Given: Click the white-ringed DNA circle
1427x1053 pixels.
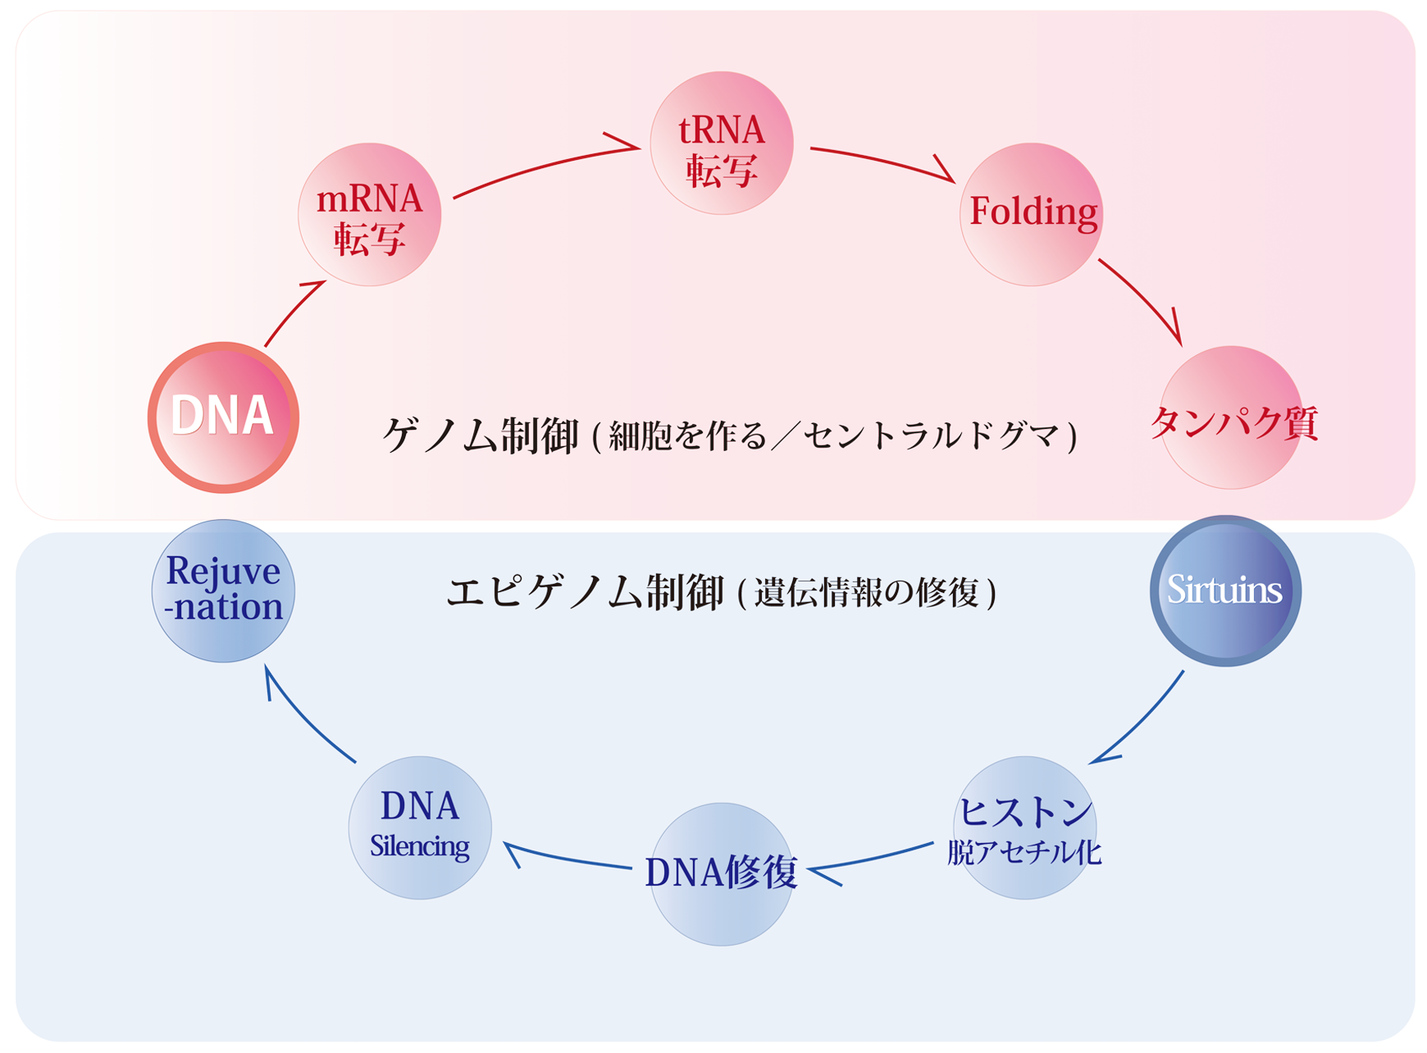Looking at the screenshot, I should click(223, 417).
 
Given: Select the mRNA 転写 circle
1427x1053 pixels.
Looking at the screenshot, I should click(369, 215).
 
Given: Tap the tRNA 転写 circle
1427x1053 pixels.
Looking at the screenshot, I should click(721, 144).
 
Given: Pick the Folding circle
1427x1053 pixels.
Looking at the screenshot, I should click(1031, 214).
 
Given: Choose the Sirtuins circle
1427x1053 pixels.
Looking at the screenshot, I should click(1225, 590).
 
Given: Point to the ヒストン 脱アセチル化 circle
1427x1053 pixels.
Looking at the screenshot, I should click(1024, 827).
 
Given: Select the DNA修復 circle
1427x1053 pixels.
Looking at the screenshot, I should click(721, 873).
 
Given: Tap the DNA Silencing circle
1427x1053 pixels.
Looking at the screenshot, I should click(420, 827).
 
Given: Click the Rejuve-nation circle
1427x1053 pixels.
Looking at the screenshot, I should click(223, 590).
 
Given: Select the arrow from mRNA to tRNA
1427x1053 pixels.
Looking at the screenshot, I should click(545, 167).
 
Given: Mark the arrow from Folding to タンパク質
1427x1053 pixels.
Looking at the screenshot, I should click(1143, 299).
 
